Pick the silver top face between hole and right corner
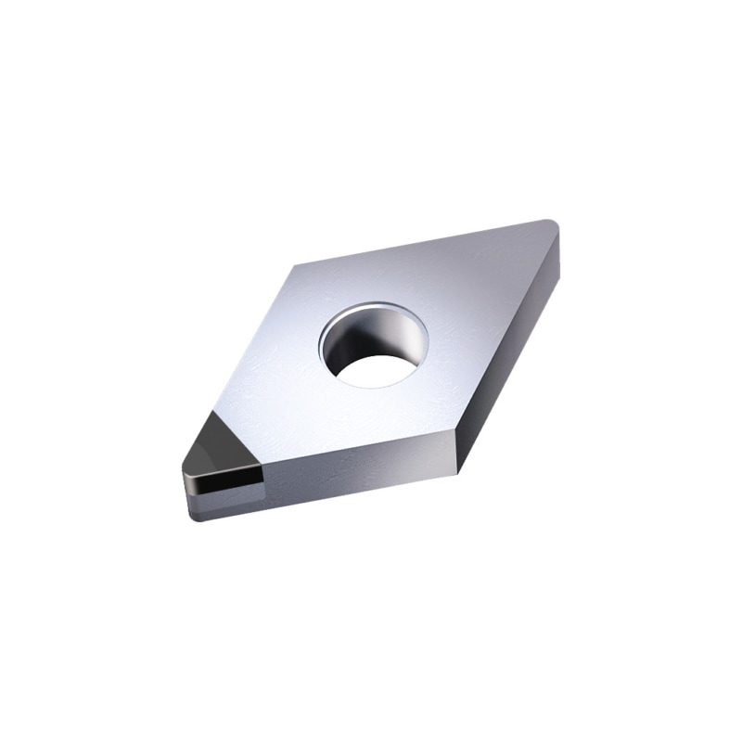482,297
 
